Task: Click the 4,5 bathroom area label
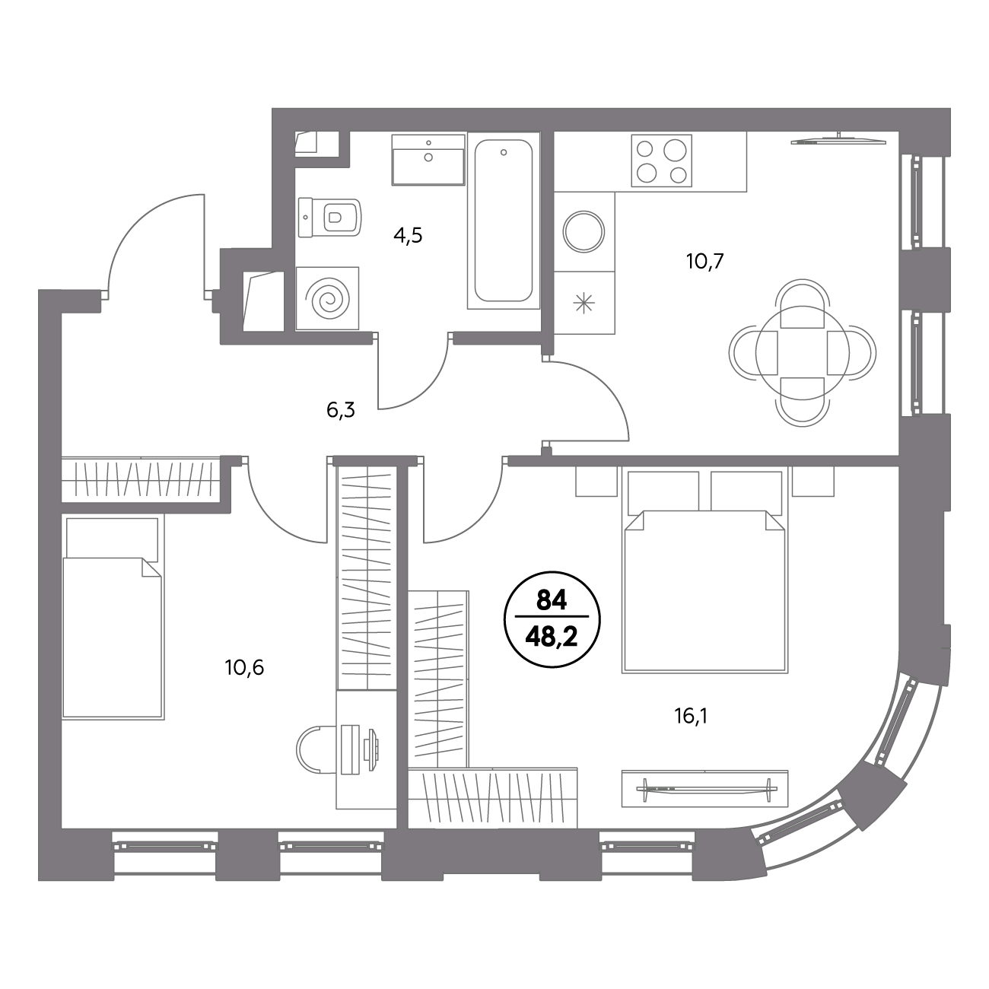point(408,236)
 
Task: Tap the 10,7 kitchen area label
point(704,262)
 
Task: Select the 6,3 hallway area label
point(340,410)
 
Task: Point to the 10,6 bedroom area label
point(244,668)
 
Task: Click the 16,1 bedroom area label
point(690,716)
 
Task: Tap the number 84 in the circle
point(552,599)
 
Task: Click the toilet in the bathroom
point(329,218)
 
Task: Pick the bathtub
point(504,221)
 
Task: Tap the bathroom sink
point(428,159)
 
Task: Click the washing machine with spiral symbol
point(327,297)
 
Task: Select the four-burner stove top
point(662,161)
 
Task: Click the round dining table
point(802,352)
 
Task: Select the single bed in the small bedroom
point(113,618)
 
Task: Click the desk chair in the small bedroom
point(316,749)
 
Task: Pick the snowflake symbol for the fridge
point(584,304)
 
